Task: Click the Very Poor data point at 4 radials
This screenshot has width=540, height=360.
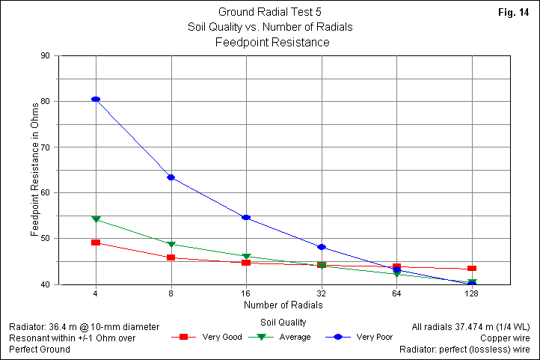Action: (x=96, y=99)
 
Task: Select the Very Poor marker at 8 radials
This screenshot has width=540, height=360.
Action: (x=171, y=177)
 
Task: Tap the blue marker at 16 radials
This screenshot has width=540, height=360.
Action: (x=246, y=218)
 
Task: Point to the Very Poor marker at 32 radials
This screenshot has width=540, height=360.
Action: (x=322, y=247)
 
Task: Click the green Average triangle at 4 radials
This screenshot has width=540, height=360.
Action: (x=96, y=219)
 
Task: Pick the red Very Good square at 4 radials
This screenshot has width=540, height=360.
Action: (x=96, y=242)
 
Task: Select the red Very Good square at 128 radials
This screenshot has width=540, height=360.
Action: (x=472, y=268)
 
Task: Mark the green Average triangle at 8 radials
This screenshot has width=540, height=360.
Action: (x=171, y=245)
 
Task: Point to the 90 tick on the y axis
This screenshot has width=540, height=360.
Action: (x=45, y=55)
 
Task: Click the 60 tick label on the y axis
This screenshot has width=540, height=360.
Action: (x=45, y=192)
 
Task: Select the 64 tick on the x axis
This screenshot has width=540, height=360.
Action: (x=396, y=293)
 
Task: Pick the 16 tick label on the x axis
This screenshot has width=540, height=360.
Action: (x=246, y=293)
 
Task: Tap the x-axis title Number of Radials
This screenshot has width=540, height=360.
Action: (x=283, y=305)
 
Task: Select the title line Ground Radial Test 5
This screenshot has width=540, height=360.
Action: (x=270, y=12)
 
